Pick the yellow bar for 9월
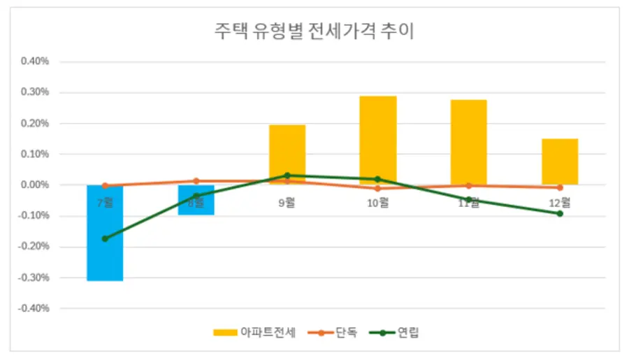point(287,150)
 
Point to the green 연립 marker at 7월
point(106,238)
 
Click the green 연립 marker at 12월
point(560,213)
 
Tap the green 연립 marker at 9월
point(287,175)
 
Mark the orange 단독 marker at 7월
point(106,186)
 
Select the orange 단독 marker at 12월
point(560,187)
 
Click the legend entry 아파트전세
point(256,333)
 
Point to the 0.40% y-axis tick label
point(35,62)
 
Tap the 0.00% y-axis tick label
point(35,185)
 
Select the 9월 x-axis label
point(287,203)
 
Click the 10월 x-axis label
point(378,203)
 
